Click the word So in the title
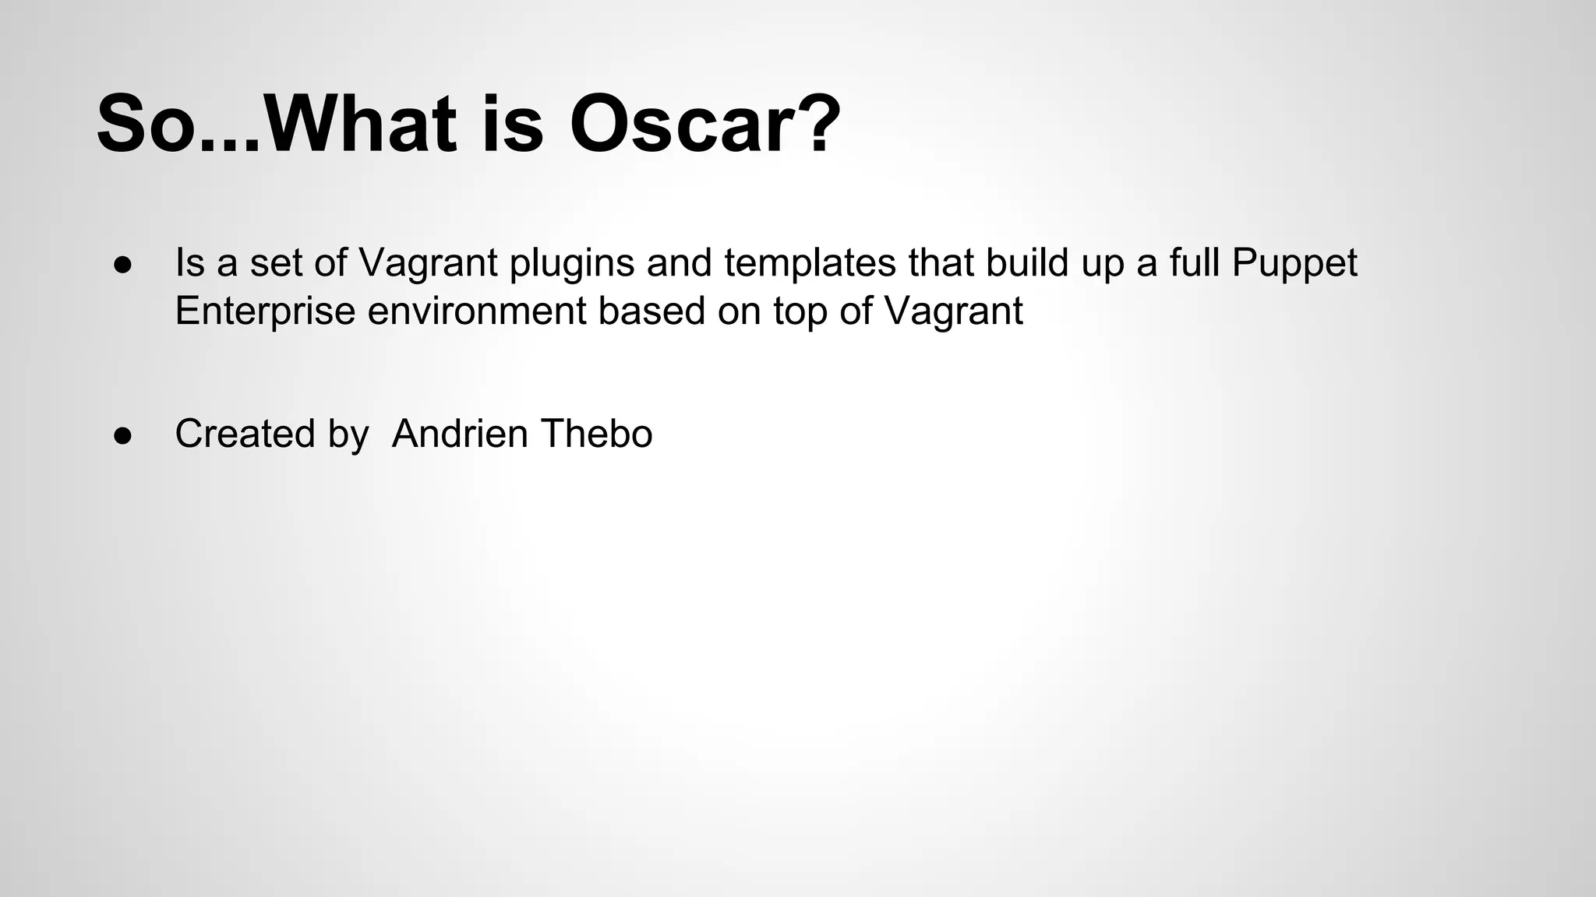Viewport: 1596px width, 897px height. pos(145,125)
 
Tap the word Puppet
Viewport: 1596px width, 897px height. pos(1294,263)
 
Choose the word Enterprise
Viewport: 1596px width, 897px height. pos(265,311)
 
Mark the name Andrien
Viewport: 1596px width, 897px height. pos(460,434)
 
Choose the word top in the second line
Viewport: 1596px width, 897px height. pos(800,311)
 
